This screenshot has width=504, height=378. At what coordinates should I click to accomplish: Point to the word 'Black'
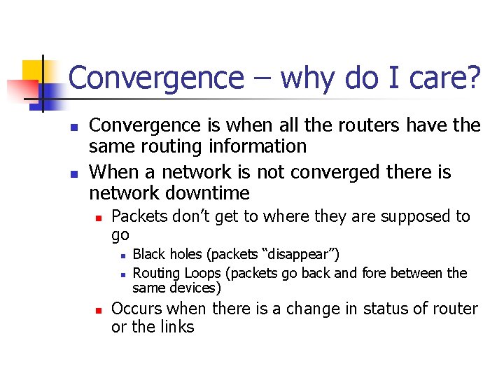point(149,253)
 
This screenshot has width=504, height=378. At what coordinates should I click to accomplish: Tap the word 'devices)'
point(197,288)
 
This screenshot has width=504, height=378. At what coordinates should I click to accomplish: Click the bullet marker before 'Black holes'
point(122,255)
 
